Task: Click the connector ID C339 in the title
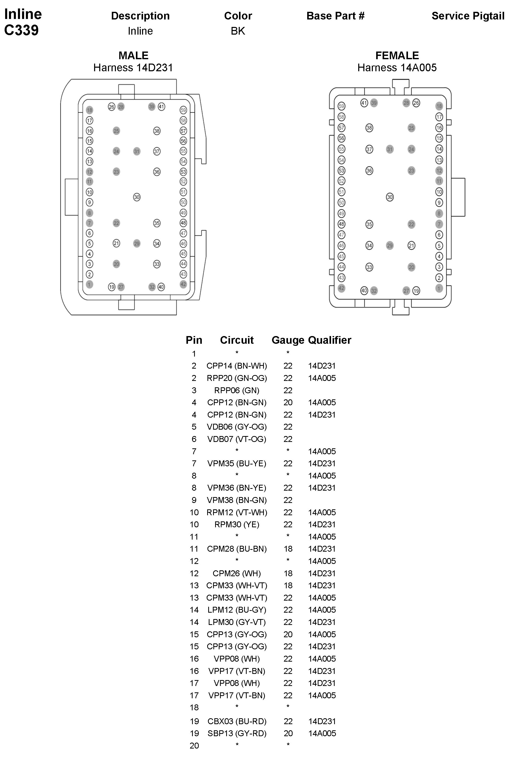click(22, 30)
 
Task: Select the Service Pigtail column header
click(468, 16)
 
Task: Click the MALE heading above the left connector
click(133, 55)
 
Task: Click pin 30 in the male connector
click(137, 197)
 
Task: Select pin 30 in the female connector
click(390, 197)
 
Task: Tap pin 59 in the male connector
click(183, 110)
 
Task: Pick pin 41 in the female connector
click(364, 103)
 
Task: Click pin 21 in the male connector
click(116, 243)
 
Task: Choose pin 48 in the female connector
click(341, 224)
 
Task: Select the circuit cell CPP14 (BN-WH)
click(237, 366)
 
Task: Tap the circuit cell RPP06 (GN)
click(237, 390)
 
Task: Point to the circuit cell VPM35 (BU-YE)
click(237, 463)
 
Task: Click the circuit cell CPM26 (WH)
click(237, 573)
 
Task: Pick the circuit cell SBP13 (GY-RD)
click(237, 733)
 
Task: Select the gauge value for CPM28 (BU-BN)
click(288, 549)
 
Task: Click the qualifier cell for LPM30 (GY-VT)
click(322, 622)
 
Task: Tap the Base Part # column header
click(335, 16)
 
